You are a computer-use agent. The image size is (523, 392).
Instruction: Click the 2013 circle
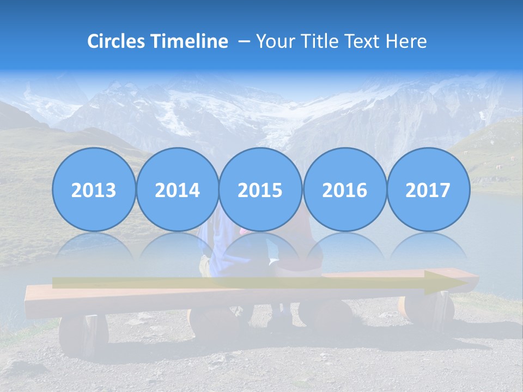[x=94, y=189]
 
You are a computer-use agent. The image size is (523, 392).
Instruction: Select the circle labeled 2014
[x=177, y=189]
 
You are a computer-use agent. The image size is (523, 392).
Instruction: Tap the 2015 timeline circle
[x=260, y=189]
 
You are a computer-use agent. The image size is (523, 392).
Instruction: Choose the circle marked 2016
[x=344, y=189]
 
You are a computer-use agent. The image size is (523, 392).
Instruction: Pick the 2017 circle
[x=428, y=189]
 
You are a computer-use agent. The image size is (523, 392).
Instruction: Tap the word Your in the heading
[x=275, y=41]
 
